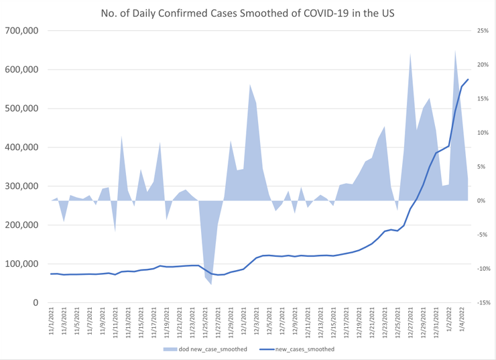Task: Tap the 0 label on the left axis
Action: pyautogui.click(x=35, y=303)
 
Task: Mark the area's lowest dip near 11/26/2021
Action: pyautogui.click(x=211, y=284)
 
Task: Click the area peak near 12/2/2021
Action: pyautogui.click(x=249, y=84)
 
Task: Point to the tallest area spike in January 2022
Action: pyautogui.click(x=455, y=50)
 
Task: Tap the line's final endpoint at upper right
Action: pyautogui.click(x=468, y=80)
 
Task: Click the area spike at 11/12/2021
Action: pyautogui.click(x=121, y=136)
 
